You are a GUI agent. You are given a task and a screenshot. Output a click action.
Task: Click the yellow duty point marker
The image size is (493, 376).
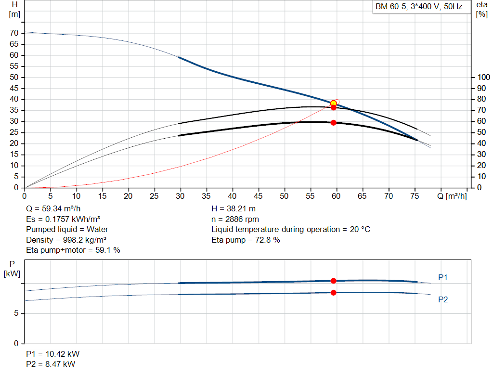(333, 104)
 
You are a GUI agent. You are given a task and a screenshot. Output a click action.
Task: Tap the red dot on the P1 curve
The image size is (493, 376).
(333, 281)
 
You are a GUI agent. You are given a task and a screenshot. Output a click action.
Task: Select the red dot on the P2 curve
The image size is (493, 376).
(333, 293)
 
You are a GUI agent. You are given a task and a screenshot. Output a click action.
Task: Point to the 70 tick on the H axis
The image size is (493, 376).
(14, 33)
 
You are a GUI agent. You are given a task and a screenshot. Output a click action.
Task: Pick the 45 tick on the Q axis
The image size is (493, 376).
(258, 196)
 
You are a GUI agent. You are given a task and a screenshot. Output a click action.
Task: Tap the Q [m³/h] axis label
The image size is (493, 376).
(452, 196)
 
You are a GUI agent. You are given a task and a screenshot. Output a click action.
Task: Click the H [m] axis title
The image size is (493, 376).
(14, 10)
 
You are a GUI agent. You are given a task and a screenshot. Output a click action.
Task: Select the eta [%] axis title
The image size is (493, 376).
(481, 10)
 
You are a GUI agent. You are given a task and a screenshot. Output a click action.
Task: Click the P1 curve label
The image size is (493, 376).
(443, 277)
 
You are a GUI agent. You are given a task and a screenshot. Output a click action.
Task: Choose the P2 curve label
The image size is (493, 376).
(443, 299)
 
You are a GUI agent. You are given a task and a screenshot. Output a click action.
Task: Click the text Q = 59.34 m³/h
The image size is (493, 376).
(53, 209)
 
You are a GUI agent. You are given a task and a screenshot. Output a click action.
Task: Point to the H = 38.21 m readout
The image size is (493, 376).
(234, 209)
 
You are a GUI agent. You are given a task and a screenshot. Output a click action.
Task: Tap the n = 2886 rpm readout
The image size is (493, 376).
(235, 219)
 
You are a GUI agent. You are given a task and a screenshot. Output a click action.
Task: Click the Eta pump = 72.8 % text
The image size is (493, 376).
(246, 240)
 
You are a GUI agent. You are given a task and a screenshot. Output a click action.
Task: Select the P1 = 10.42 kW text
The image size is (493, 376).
(53, 354)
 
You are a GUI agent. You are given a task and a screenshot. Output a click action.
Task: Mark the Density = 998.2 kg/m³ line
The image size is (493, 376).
(66, 240)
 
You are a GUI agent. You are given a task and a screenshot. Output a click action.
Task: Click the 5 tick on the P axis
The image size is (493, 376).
(16, 313)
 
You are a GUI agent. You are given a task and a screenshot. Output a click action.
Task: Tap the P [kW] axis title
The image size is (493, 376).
(12, 269)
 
